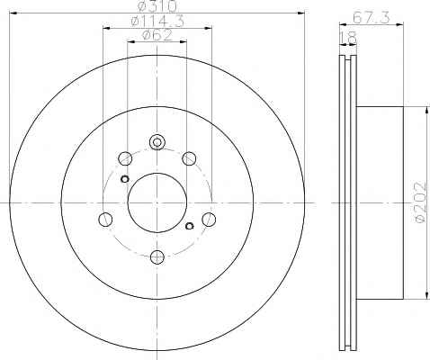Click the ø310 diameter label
[157, 6]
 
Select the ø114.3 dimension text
[157, 21]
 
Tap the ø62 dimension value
[157, 35]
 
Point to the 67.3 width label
[372, 17]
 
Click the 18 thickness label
[348, 38]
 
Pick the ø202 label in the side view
[420, 202]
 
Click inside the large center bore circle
[157, 202]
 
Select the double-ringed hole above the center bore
[157, 141]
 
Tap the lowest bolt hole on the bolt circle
[157, 257]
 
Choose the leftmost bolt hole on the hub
[105, 220]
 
